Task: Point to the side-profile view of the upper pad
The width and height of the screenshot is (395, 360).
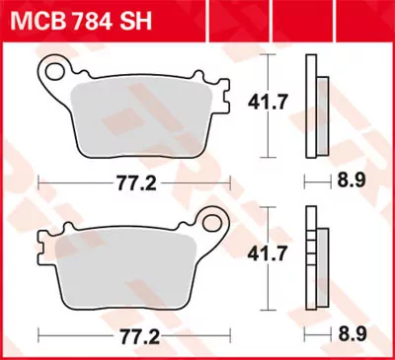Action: (x=318, y=102)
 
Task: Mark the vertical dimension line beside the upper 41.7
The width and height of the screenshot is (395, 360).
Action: (x=272, y=102)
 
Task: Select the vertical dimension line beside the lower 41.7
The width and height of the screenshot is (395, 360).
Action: (x=272, y=256)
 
